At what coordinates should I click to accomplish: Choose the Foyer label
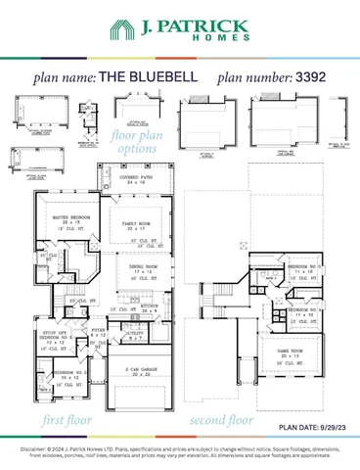pyautogui.click(x=99, y=333)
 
